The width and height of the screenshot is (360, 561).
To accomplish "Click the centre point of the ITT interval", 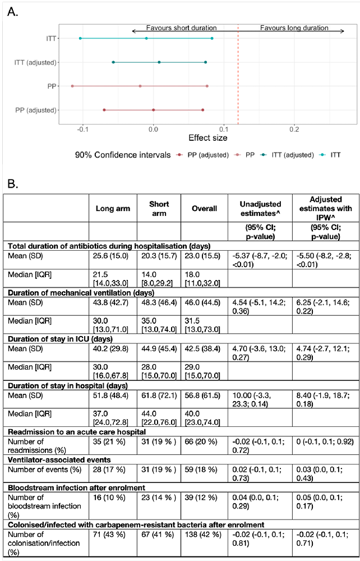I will point(146,38).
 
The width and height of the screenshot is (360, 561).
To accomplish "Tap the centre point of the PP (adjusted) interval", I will point(153,110).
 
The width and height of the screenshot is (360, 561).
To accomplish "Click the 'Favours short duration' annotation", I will point(181,27).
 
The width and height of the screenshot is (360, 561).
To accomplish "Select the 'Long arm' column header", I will point(113,208).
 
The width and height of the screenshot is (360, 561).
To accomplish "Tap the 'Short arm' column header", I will point(158,208).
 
